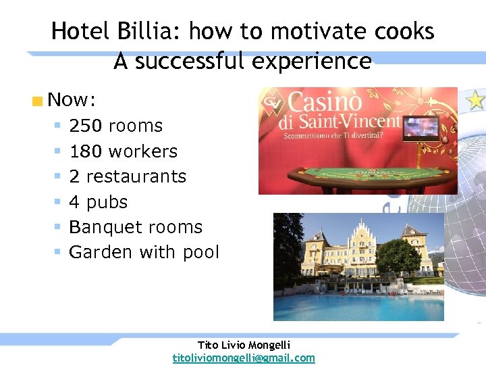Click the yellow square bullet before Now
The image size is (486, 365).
[x=37, y=102]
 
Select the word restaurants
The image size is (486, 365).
[x=136, y=176]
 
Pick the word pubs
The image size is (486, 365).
[x=107, y=202]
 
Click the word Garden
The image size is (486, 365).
[x=101, y=252]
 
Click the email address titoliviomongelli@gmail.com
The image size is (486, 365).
[x=244, y=358]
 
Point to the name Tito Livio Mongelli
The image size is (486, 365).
[x=244, y=345]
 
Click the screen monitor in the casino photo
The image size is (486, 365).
[x=421, y=128]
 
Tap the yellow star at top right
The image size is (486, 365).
[x=476, y=100]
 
